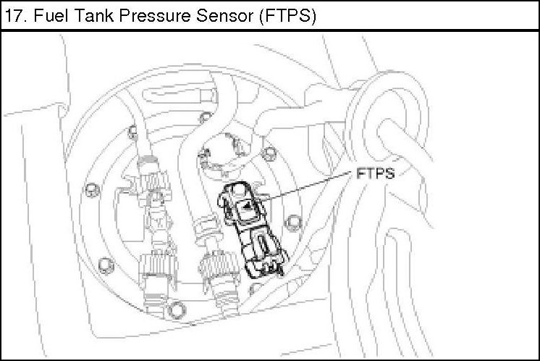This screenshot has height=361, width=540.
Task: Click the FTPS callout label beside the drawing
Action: pyautogui.click(x=376, y=174)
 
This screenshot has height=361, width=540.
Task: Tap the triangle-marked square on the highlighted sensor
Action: pyautogui.click(x=246, y=211)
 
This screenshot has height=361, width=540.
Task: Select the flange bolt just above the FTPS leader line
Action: pyautogui.click(x=269, y=152)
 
